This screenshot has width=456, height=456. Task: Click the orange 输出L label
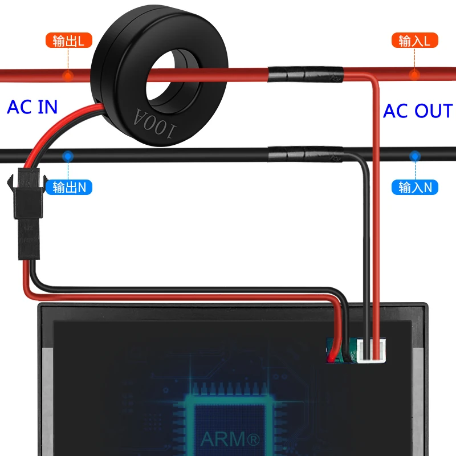click(x=69, y=40)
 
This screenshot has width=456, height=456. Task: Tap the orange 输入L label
click(x=415, y=40)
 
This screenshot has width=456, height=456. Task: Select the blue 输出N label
click(x=69, y=188)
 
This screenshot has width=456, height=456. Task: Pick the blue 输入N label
click(x=415, y=188)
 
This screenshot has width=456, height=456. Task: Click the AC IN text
click(x=32, y=107)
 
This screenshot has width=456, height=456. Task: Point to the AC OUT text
click(x=418, y=111)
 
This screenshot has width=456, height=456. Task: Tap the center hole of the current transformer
click(x=172, y=79)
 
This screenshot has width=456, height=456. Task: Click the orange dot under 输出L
click(x=68, y=76)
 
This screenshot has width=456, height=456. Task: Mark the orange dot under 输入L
click(x=414, y=75)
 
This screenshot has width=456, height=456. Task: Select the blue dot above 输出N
click(x=68, y=156)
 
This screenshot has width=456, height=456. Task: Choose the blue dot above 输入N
click(x=415, y=156)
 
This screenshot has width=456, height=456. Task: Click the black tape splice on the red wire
click(x=306, y=75)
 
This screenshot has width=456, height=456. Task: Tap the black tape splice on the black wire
click(x=306, y=154)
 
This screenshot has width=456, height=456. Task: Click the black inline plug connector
click(x=27, y=214)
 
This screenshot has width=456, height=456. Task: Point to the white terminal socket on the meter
click(x=371, y=351)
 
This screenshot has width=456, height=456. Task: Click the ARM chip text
click(x=230, y=439)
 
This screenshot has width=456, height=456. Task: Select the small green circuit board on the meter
click(x=341, y=351)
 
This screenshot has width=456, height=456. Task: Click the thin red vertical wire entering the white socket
click(x=376, y=221)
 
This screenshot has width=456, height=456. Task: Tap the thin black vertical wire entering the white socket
click(x=367, y=256)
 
